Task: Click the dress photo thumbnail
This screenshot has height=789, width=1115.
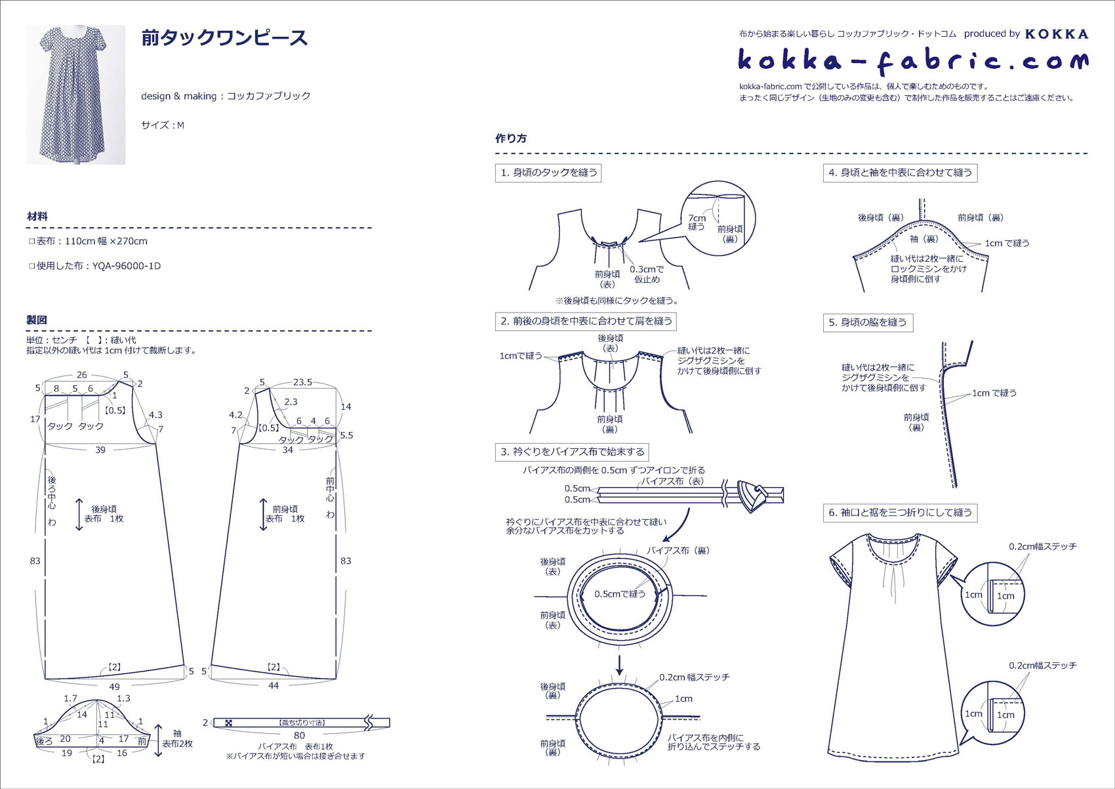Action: click(75, 95)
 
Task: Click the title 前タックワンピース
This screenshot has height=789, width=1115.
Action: click(224, 38)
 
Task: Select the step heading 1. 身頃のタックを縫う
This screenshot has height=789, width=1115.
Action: click(548, 173)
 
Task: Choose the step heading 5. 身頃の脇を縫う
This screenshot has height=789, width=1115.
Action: click(868, 322)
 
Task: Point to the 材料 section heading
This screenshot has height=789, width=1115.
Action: click(37, 217)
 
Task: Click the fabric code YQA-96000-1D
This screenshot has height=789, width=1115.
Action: click(127, 266)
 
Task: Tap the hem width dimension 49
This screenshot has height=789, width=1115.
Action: click(115, 687)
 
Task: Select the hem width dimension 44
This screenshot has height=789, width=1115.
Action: click(274, 685)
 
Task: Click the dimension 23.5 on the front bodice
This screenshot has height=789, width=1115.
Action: click(302, 382)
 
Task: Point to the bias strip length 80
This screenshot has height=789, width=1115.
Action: click(299, 735)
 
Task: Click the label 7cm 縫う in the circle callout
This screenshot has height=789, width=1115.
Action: click(697, 222)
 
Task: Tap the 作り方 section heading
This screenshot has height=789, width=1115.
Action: click(511, 139)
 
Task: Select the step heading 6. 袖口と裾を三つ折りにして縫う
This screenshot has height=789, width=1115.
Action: click(900, 513)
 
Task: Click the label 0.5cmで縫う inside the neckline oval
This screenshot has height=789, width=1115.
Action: click(620, 594)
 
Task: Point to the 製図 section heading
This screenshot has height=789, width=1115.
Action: click(37, 320)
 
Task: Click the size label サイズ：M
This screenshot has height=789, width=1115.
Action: click(163, 125)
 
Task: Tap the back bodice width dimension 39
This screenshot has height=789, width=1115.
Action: click(100, 450)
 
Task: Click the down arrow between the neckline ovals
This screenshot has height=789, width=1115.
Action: click(619, 666)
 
